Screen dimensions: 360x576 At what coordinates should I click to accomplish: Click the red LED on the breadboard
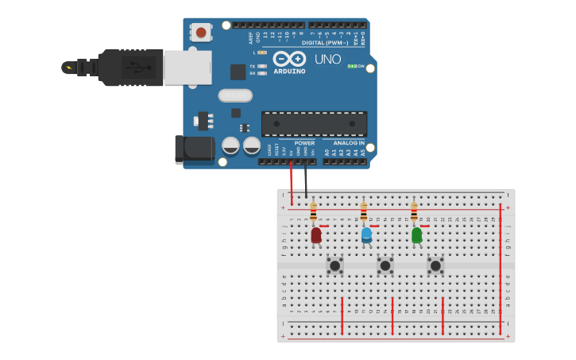pyautogui.click(x=316, y=235)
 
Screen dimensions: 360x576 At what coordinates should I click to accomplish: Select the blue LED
pyautogui.click(x=366, y=235)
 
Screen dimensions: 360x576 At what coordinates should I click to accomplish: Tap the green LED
pyautogui.click(x=416, y=235)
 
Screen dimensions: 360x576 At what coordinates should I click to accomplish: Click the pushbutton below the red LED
pyautogui.click(x=335, y=265)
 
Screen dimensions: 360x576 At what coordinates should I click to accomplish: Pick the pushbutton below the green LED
pyautogui.click(x=435, y=265)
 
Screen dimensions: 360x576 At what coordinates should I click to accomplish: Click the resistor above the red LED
pyautogui.click(x=313, y=212)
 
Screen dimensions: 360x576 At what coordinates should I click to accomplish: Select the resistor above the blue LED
pyautogui.click(x=364, y=212)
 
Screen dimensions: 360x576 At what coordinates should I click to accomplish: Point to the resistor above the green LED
pyautogui.click(x=414, y=212)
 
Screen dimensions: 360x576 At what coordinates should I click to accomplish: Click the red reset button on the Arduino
pyautogui.click(x=201, y=33)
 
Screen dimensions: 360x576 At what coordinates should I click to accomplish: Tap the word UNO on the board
pyautogui.click(x=327, y=59)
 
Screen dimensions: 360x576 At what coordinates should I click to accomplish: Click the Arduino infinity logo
pyautogui.click(x=289, y=59)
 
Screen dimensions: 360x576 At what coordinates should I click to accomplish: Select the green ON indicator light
pyautogui.click(x=351, y=66)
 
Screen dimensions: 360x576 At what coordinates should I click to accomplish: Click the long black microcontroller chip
pyautogui.click(x=314, y=123)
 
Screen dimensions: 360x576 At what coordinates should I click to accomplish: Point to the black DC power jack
pyautogui.click(x=195, y=149)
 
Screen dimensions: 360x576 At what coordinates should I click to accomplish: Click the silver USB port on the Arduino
pyautogui.click(x=187, y=68)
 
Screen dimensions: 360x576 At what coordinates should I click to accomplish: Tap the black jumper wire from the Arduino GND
pyautogui.click(x=306, y=179)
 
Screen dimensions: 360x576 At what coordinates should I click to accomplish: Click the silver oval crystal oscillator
pyautogui.click(x=235, y=95)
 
